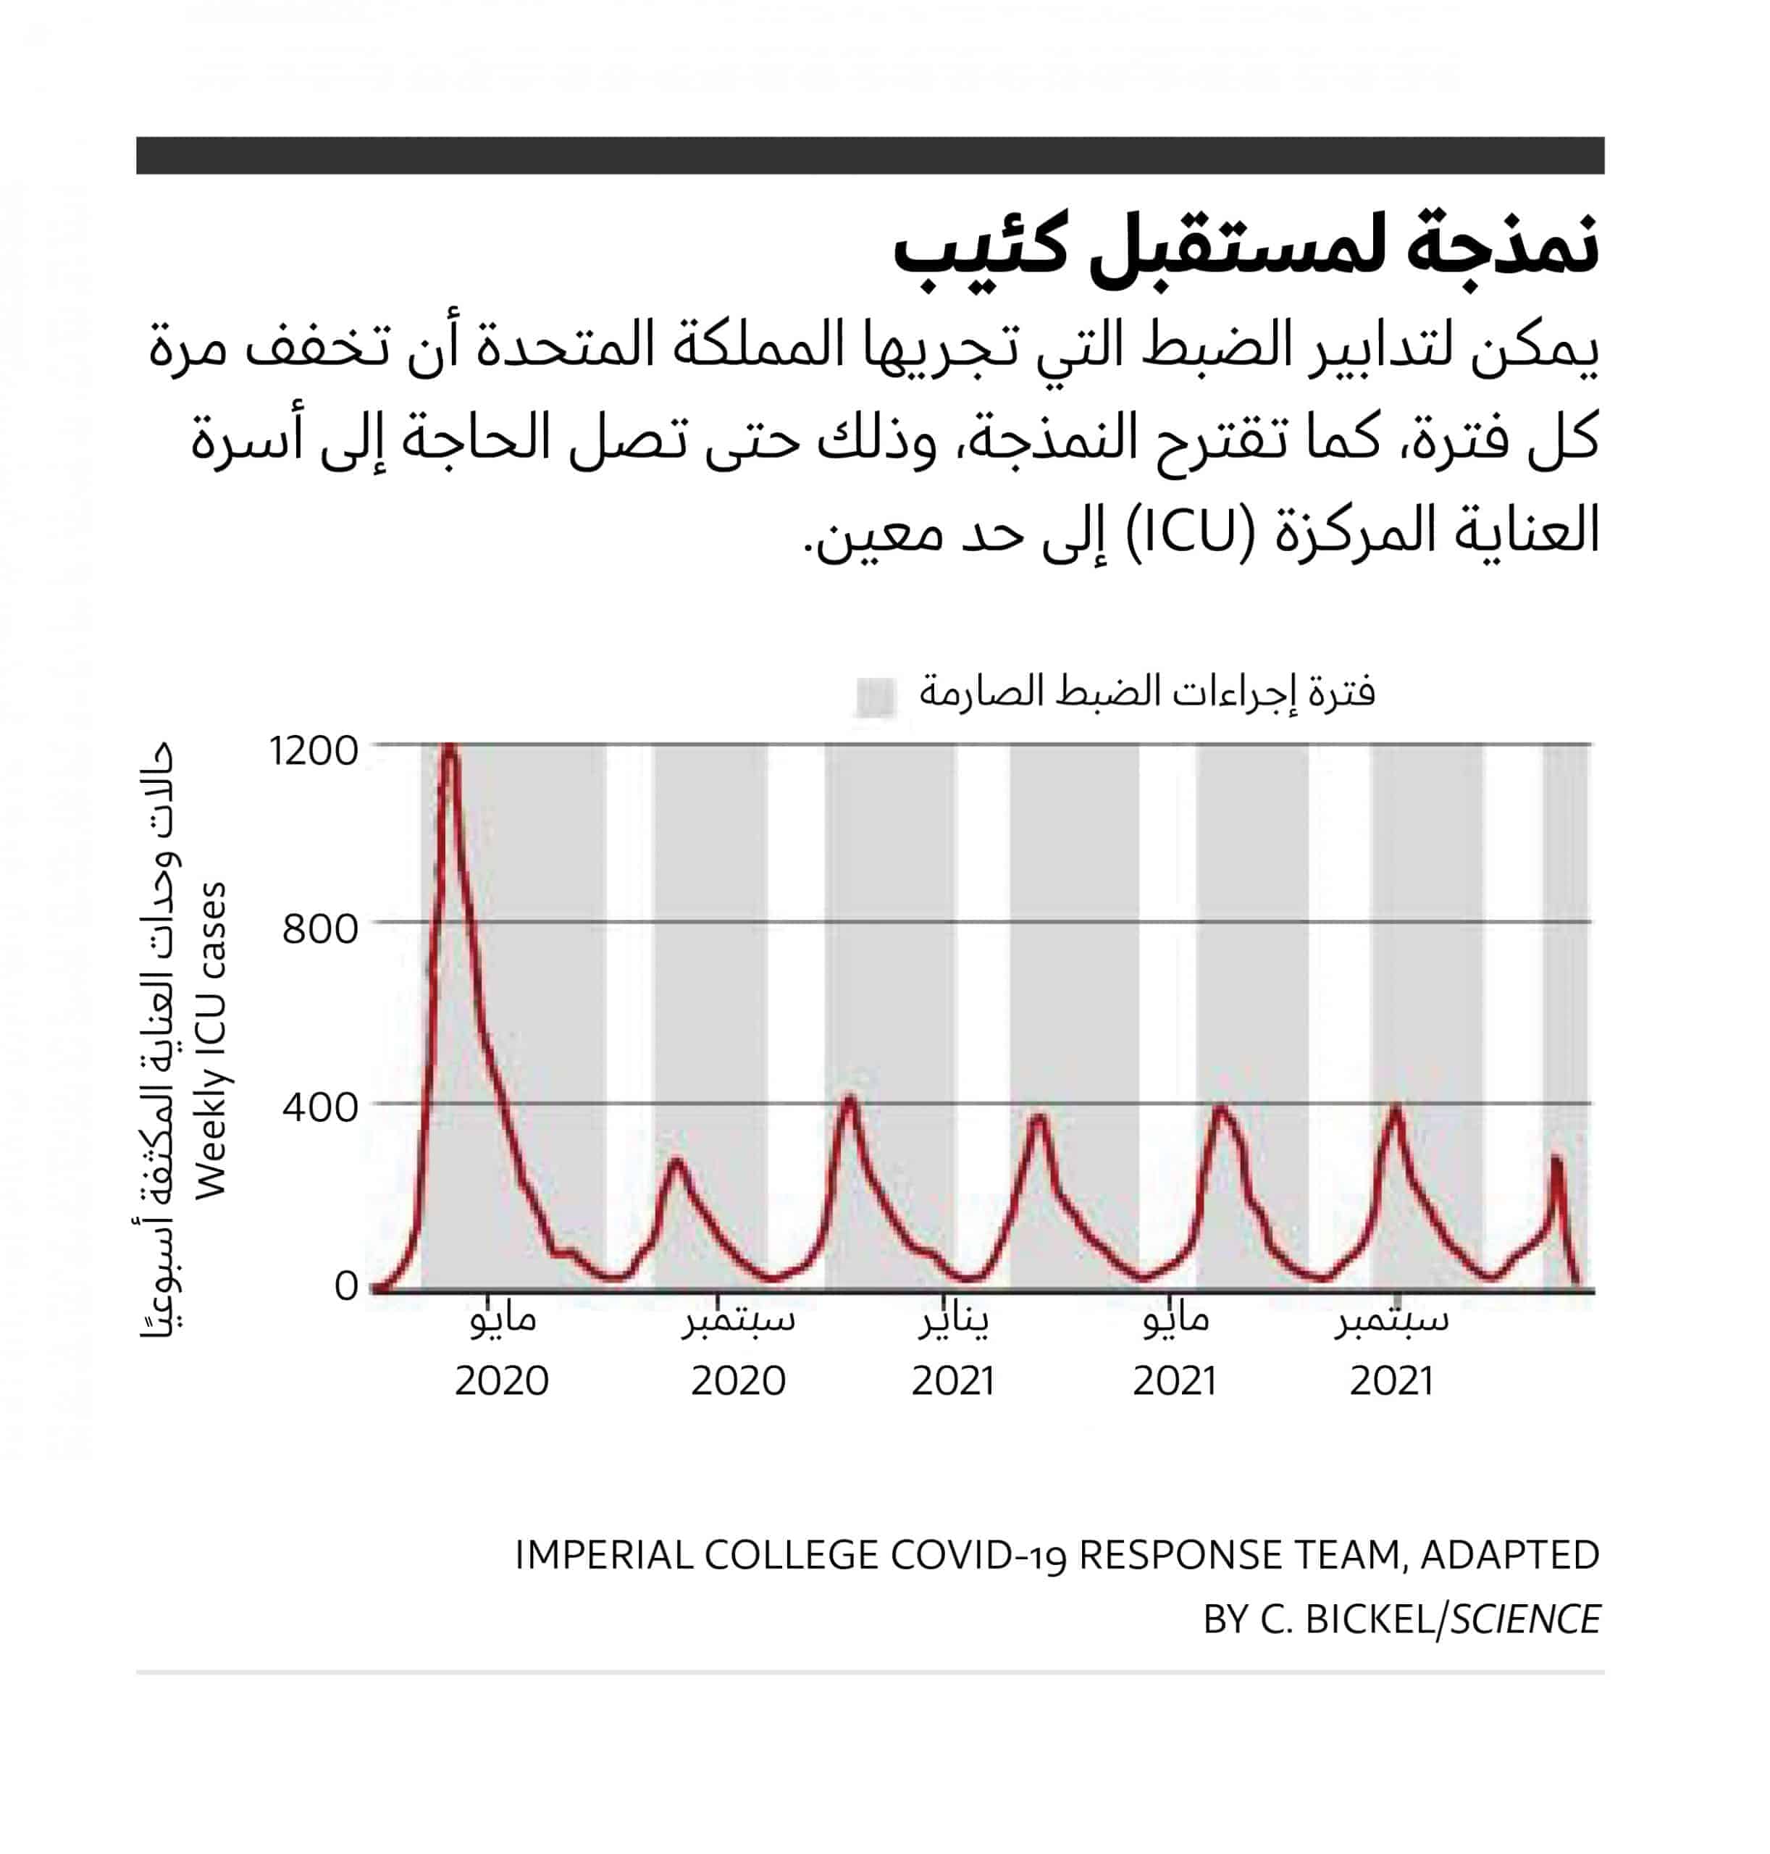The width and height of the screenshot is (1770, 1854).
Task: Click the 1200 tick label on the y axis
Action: click(314, 752)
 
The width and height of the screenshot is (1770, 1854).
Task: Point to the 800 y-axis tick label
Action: click(321, 929)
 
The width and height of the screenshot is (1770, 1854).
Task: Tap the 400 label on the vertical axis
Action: click(321, 1107)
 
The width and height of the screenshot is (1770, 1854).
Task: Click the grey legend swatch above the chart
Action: click(875, 697)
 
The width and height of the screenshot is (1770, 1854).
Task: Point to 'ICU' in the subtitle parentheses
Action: click(1191, 533)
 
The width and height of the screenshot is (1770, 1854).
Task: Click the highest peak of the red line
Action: click(449, 744)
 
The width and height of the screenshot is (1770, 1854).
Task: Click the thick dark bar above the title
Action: click(870, 156)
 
